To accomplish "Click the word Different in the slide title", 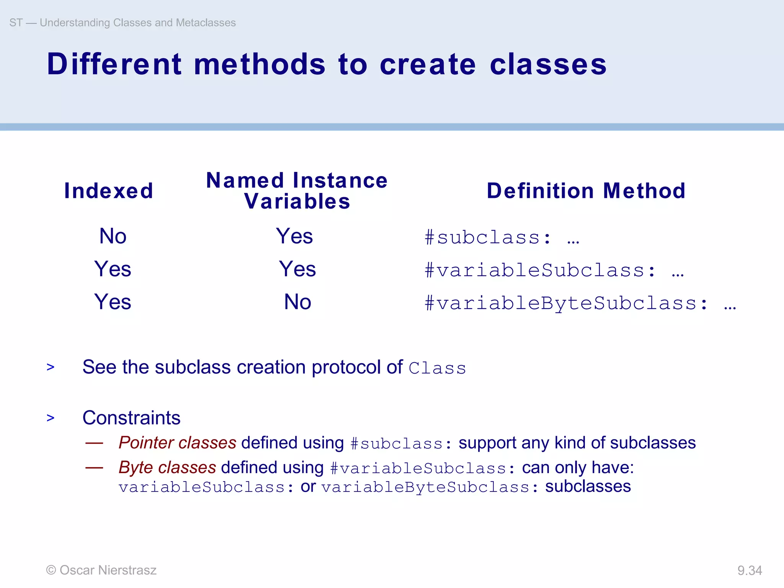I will pos(114,64).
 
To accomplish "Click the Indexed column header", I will pos(109,191).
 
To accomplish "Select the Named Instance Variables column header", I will pos(297,191).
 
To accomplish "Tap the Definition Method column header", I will pos(586,191).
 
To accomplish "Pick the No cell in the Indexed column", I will pos(113,236).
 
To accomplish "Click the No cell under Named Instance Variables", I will pos(297,302).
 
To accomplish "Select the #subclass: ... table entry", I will pos(502,237).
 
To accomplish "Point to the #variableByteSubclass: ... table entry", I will pos(580,303).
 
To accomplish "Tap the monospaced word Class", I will pos(437,368).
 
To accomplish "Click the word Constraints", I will pos(131,418).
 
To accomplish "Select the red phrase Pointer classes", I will pos(177,443).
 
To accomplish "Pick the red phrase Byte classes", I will pos(167,467).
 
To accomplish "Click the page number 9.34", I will pos(750,570).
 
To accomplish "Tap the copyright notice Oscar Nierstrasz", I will pos(101,570).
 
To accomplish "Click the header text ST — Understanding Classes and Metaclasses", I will pos(122,23).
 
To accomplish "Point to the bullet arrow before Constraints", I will pos(51,418).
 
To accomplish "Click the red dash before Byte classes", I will pos(94,467).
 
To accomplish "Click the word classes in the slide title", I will pos(548,64).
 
